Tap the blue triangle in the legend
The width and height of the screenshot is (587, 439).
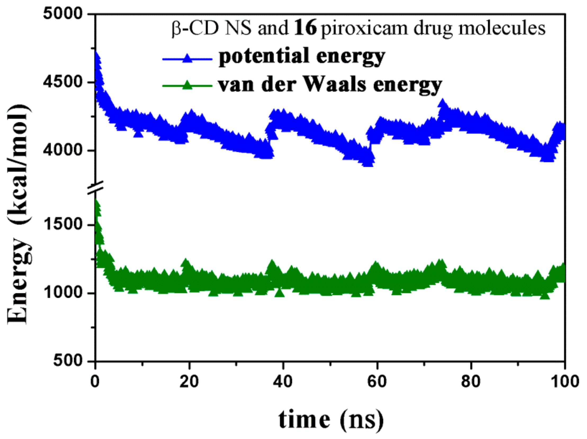pos(187,58)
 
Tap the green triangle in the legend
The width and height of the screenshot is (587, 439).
pos(187,85)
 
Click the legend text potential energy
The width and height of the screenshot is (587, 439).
pos(302,57)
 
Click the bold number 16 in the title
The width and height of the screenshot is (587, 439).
pos(305,28)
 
